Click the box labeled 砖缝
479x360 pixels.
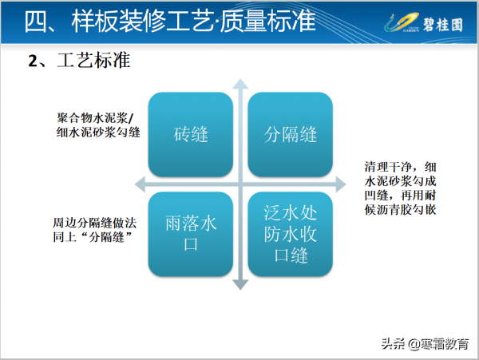pos(191,134)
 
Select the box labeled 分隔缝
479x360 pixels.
pos(291,134)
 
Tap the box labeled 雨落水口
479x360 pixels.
pos(191,234)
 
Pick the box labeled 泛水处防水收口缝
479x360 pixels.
pos(291,234)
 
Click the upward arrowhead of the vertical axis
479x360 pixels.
pos(240,83)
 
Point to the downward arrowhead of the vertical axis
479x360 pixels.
pos(240,285)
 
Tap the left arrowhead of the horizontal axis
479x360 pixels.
pos(139,184)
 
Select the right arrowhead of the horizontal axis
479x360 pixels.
pos(344,184)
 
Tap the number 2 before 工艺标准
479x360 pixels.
pos(33,62)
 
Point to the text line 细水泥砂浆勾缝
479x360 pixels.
pos(94,132)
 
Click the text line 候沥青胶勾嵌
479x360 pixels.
pos(397,210)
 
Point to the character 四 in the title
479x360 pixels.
pos(34,22)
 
